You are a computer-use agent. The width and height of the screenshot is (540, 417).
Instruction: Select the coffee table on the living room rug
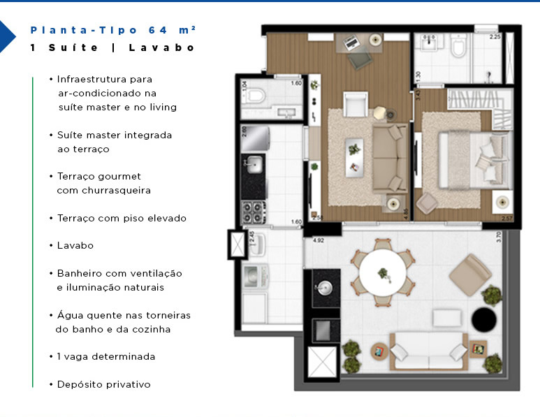click(355, 148)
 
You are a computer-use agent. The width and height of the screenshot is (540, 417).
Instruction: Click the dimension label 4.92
click(319, 240)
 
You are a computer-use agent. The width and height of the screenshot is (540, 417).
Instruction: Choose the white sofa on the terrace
click(428, 351)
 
